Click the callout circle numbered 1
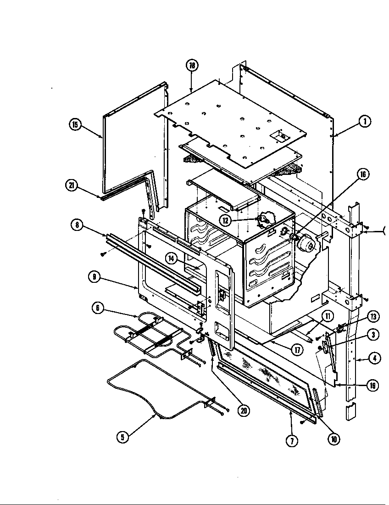pyautogui.click(x=365, y=122)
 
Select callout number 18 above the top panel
pyautogui.click(x=192, y=66)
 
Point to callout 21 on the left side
pyautogui.click(x=71, y=186)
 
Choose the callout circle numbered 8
pyautogui.click(x=78, y=225)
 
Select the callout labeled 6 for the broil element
pyautogui.click(x=97, y=309)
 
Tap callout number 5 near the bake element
pyautogui.click(x=122, y=438)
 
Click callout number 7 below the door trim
pyautogui.click(x=292, y=441)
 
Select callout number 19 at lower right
pyautogui.click(x=373, y=386)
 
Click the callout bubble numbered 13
pyautogui.click(x=373, y=316)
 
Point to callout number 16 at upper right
pyautogui.click(x=363, y=174)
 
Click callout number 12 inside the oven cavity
pyautogui.click(x=225, y=220)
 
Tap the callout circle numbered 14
pyautogui.click(x=172, y=259)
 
